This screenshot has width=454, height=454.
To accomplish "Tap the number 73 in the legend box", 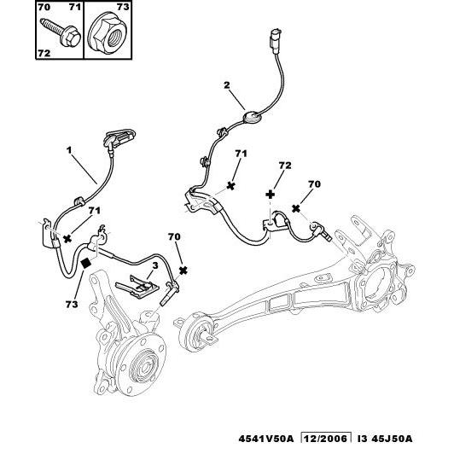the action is (123, 6).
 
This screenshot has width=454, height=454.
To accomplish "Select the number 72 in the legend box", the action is (44, 53).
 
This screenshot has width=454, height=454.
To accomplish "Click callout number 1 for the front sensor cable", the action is (68, 150).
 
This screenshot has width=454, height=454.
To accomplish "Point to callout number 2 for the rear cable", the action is (226, 84).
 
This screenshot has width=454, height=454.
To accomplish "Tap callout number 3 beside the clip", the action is (155, 265).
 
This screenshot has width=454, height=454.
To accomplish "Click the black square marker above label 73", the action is (86, 263).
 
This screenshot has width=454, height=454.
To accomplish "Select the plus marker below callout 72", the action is (271, 195).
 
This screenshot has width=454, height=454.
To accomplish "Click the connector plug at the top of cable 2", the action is (276, 42).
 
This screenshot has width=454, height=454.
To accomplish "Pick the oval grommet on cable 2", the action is (252, 118).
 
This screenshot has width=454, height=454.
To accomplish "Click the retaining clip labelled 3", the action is (137, 287).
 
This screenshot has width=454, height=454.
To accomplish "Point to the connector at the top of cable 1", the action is (119, 138).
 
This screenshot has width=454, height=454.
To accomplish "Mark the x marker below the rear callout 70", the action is (296, 208).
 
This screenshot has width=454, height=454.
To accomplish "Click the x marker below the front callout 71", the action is (67, 239).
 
